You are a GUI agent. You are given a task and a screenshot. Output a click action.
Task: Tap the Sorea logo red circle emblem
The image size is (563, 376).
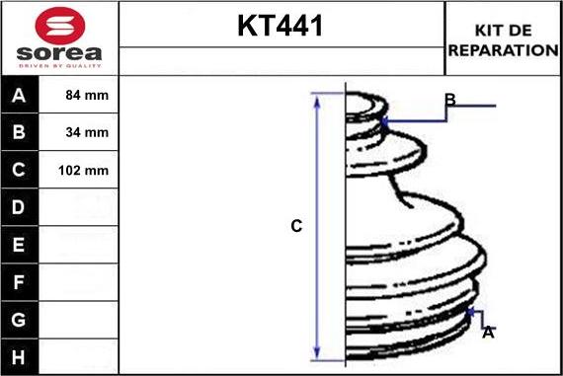click(x=59, y=24)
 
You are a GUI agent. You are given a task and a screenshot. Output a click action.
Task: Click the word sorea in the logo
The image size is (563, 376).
click(x=59, y=53)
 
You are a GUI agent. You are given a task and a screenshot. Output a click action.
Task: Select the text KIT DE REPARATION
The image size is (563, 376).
click(x=503, y=39)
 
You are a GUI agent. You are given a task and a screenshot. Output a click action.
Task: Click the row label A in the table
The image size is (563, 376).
click(x=20, y=96)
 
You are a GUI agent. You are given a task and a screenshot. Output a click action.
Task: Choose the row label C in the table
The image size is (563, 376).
click(x=20, y=171)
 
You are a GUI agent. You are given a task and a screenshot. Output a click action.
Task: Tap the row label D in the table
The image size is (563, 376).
click(x=20, y=208)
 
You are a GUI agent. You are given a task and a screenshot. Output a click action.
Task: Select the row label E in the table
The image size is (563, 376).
click(x=20, y=245)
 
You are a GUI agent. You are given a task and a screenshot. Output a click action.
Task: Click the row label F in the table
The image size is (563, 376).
click(x=20, y=282)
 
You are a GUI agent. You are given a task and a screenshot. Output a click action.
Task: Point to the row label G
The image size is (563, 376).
click(x=20, y=320)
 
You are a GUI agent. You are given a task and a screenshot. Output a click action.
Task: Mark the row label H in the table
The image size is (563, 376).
click(x=20, y=356)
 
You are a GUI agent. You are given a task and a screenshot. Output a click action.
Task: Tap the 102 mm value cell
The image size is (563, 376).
click(x=84, y=171)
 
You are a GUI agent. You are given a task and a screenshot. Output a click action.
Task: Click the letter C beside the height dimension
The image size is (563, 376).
click(x=295, y=227)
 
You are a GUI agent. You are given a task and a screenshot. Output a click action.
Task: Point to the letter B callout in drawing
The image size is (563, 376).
click(x=449, y=100)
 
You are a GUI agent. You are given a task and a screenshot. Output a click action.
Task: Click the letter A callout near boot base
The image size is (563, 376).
click(x=487, y=334)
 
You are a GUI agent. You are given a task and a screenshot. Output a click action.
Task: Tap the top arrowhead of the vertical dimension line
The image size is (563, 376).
click(x=318, y=98)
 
